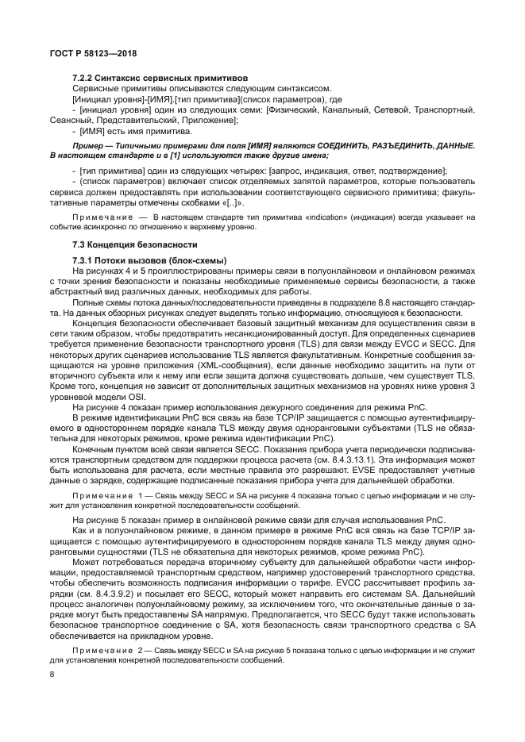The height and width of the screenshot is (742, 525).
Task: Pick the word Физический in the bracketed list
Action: point(293,107)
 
